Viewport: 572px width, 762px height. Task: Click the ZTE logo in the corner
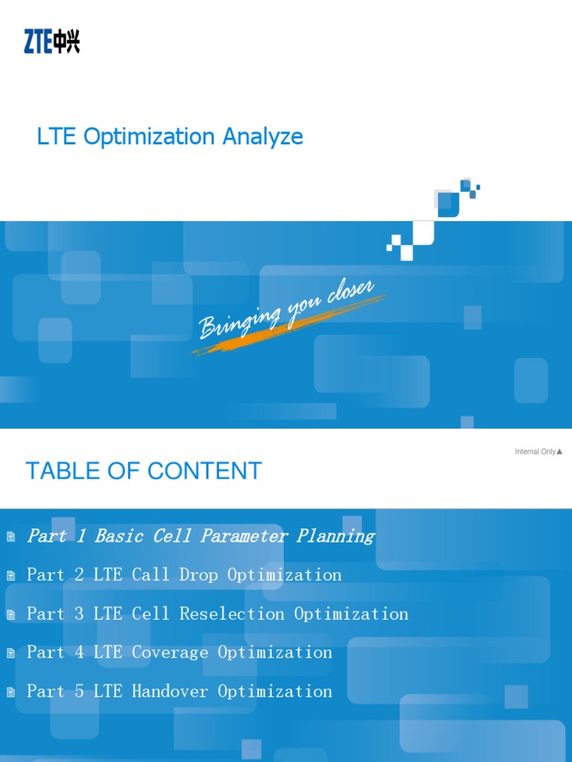51,42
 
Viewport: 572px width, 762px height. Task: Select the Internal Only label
538,452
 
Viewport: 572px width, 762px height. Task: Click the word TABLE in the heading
60,471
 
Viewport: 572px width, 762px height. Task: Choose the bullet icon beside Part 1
10,537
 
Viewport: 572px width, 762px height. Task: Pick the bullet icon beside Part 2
10,575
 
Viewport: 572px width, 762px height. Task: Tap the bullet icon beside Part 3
10,615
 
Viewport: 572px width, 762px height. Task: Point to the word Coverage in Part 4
171,653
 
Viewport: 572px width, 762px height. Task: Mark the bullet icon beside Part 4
10,653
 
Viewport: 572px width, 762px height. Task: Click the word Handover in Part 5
171,691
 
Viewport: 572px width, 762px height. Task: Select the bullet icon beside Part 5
10,692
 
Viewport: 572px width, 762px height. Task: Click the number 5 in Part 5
80,691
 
